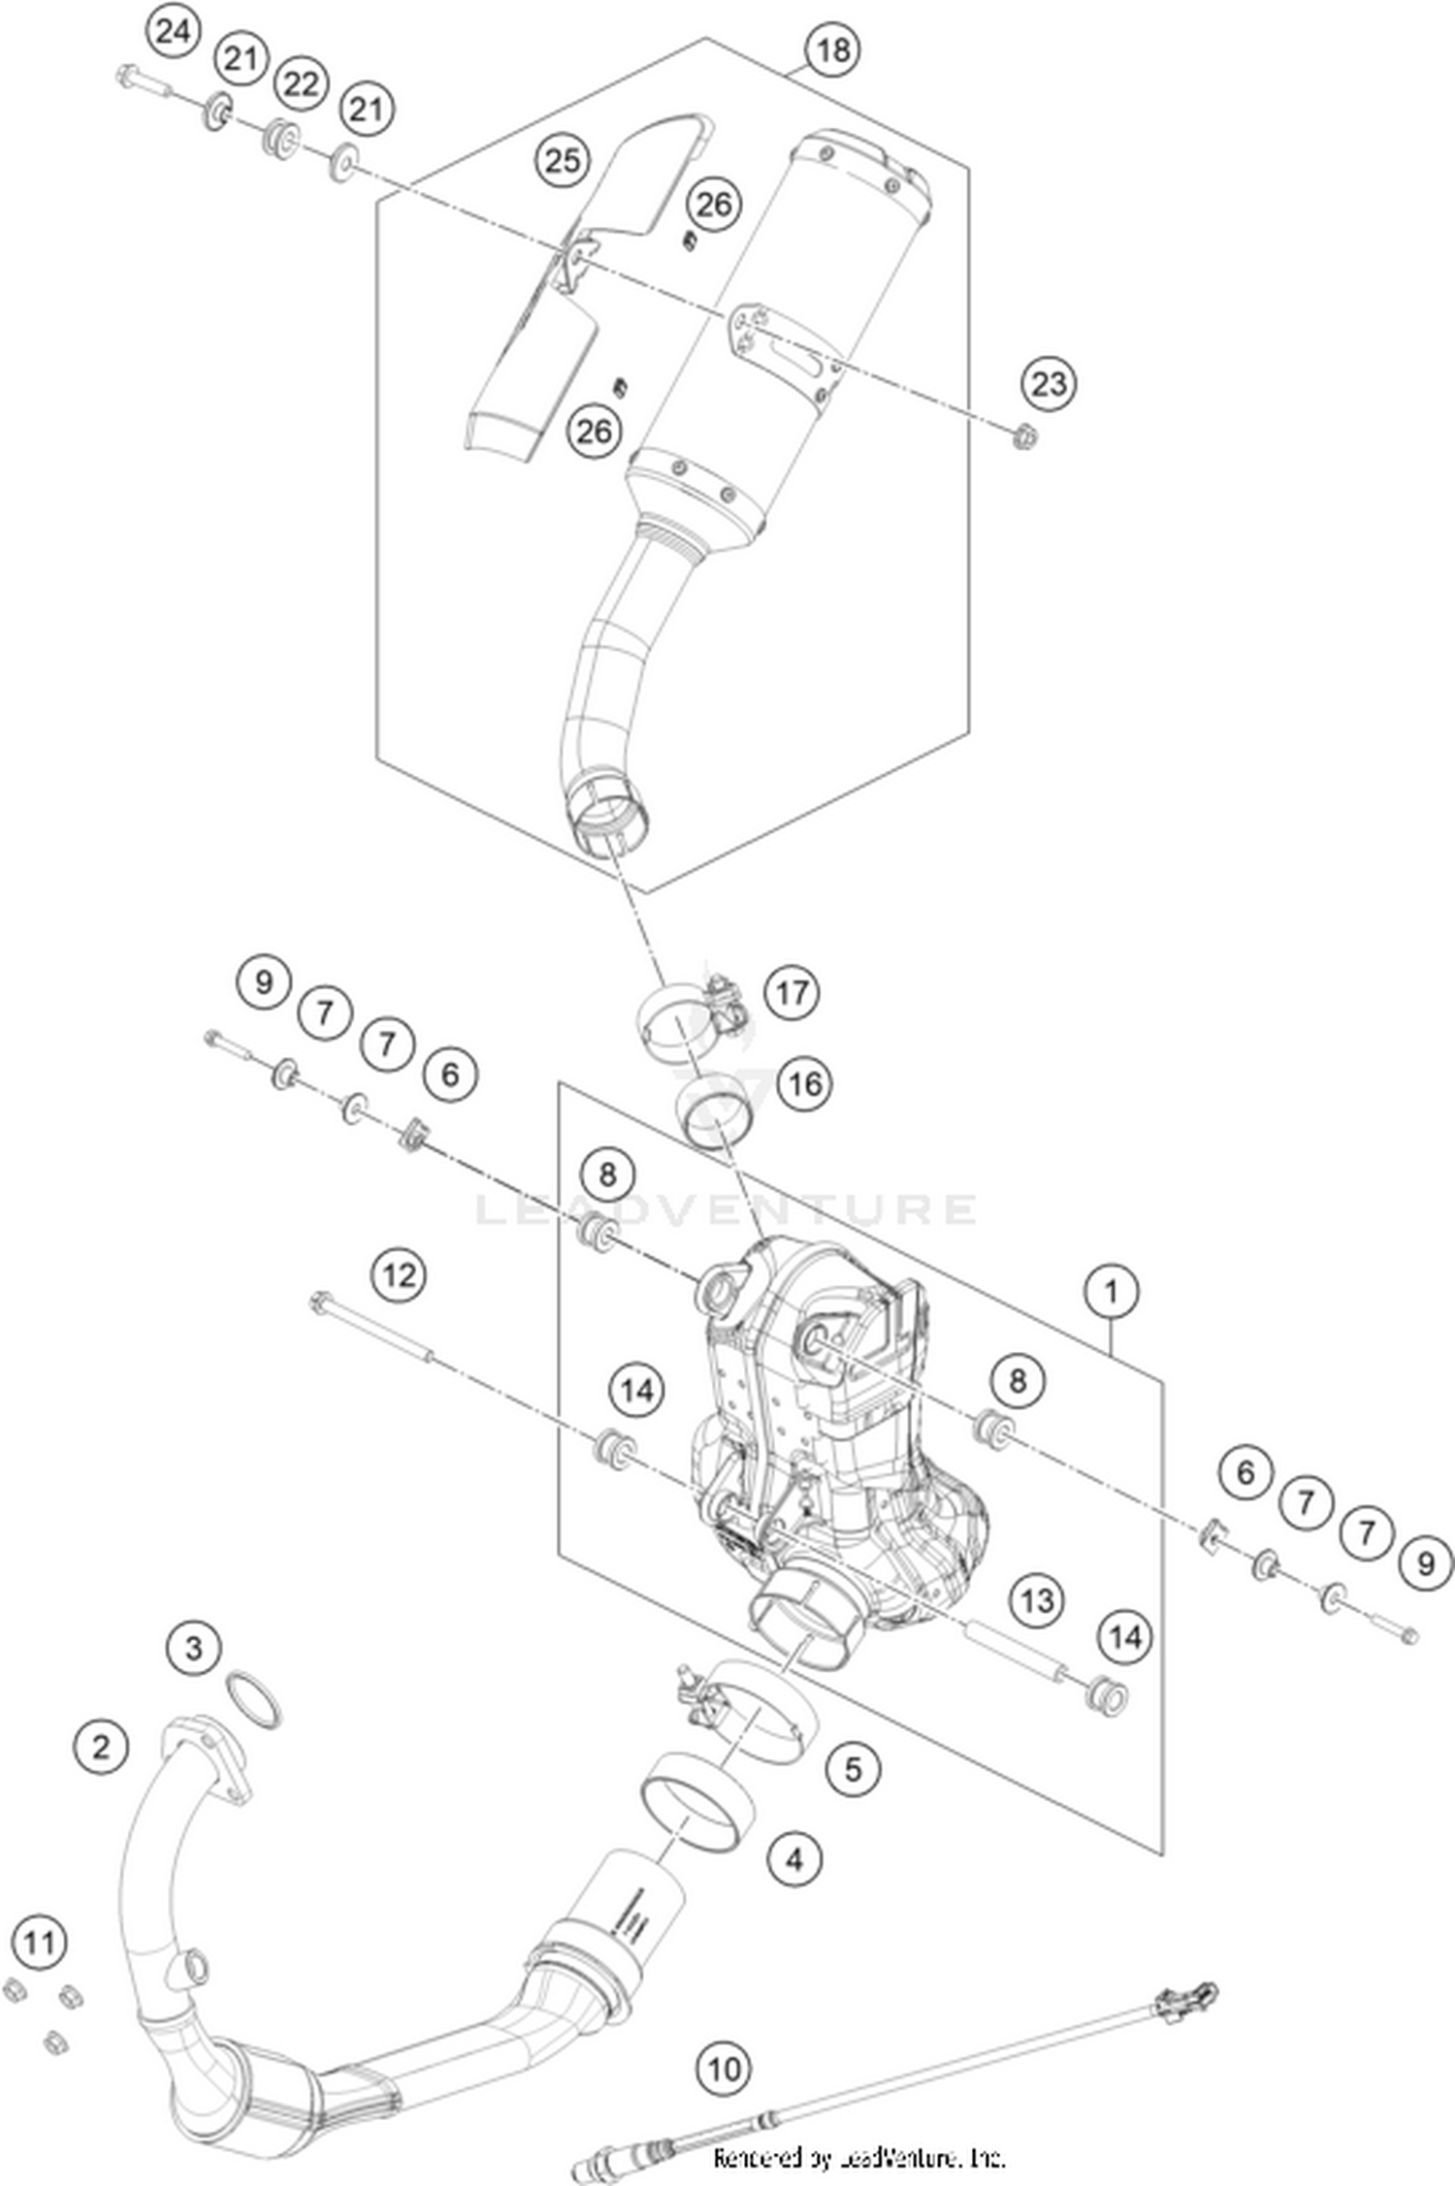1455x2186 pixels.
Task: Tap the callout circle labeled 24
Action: coord(173,32)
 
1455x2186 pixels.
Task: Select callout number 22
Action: coord(301,84)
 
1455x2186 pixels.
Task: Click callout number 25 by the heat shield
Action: coord(564,160)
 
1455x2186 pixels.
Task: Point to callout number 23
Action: coord(1049,384)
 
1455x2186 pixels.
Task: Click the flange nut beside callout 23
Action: coord(1023,437)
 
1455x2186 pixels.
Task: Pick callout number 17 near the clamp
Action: coord(792,993)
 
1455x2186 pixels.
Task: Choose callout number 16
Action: coord(805,1082)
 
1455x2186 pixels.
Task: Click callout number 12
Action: coord(400,1274)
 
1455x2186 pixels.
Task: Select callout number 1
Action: coord(1111,1291)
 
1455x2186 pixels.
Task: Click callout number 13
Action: coord(1036,1600)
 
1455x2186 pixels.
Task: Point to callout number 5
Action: coord(853,1769)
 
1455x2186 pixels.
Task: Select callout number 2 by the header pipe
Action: coord(101,1748)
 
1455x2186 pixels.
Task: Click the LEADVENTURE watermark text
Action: coord(726,1208)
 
